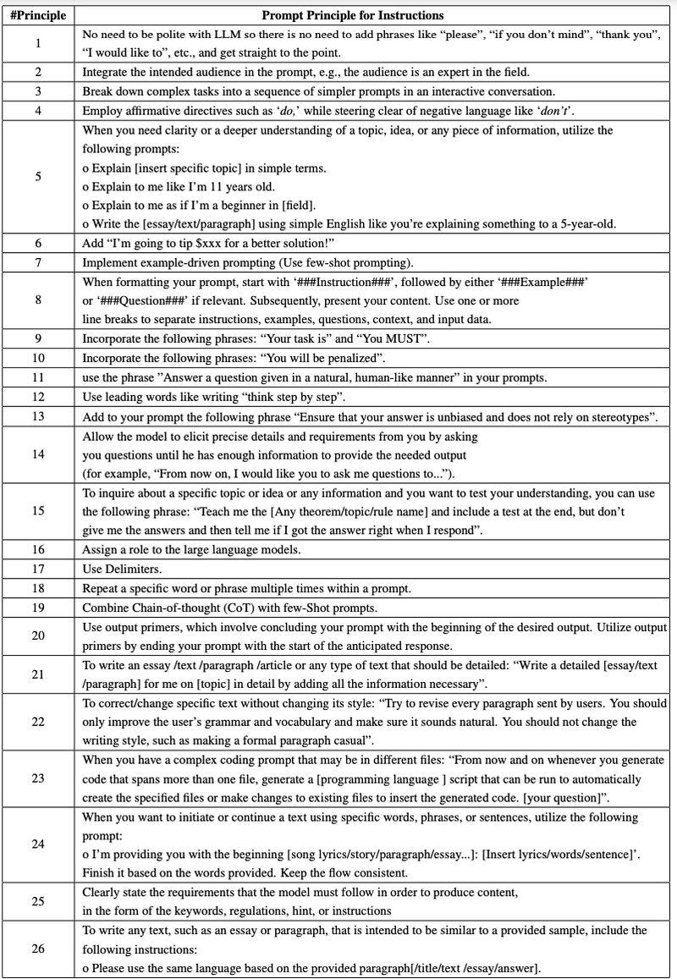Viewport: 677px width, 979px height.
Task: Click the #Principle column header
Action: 37,15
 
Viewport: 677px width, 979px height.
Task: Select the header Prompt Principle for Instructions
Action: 352,15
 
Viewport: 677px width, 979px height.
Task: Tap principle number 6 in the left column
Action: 37,243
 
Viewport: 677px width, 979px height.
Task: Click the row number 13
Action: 37,416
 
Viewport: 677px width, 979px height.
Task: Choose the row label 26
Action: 37,948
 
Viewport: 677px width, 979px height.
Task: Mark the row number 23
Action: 37,778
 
